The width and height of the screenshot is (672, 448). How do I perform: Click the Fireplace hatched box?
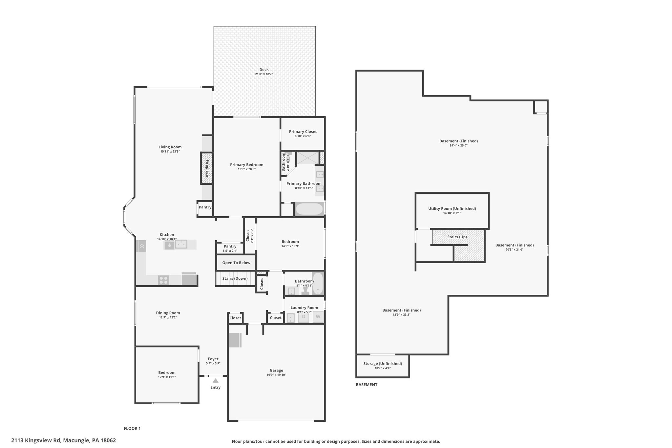(x=207, y=168)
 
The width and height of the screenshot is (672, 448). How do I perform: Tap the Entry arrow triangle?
(x=216, y=381)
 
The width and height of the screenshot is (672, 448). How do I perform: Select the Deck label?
(x=264, y=70)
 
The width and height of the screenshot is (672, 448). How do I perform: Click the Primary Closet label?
(x=303, y=132)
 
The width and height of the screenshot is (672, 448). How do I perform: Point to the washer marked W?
(x=318, y=317)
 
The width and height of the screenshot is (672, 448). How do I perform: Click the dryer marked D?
(x=304, y=317)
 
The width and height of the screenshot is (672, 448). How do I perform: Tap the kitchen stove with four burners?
(x=163, y=280)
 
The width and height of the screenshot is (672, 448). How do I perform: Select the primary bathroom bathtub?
(x=309, y=209)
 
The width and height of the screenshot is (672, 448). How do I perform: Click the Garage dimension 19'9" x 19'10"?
(x=276, y=375)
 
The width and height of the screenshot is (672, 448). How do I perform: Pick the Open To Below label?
(x=236, y=263)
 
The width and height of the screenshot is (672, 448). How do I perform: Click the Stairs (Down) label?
(x=235, y=279)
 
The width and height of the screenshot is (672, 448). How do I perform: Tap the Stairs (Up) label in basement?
(x=457, y=237)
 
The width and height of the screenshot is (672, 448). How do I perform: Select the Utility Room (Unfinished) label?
(x=452, y=208)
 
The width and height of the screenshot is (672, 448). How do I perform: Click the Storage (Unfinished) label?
(x=383, y=364)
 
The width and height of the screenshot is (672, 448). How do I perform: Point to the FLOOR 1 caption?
(x=132, y=428)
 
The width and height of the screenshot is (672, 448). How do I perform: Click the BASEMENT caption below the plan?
(x=367, y=385)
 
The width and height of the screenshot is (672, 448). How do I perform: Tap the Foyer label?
(x=213, y=359)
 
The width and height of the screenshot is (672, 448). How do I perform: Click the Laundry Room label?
(x=304, y=308)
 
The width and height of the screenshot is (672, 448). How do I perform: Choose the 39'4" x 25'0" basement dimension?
(x=459, y=145)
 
